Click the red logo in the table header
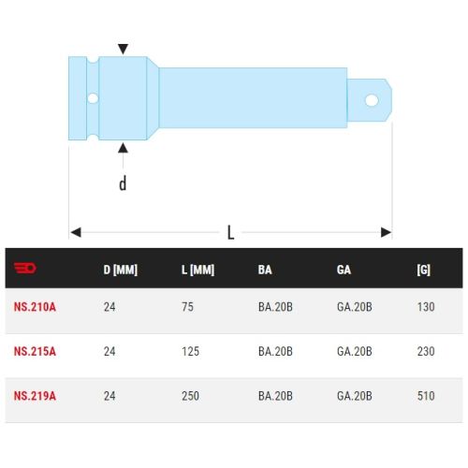[x=25, y=271]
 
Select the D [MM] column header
[x=120, y=271]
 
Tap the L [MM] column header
[x=197, y=271]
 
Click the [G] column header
[x=424, y=271]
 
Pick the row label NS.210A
[x=35, y=306]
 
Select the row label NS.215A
[x=35, y=351]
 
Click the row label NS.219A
[x=35, y=396]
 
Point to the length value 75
[x=187, y=306]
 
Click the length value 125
[x=190, y=351]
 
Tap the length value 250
[x=190, y=396]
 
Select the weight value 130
[x=426, y=306]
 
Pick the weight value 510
[x=426, y=396]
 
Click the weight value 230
[x=426, y=351]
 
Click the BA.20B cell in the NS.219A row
[x=275, y=396]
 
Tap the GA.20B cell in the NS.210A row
[x=355, y=306]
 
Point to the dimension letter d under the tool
[x=123, y=183]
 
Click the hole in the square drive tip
[x=372, y=99]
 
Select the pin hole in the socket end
[x=92, y=97]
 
